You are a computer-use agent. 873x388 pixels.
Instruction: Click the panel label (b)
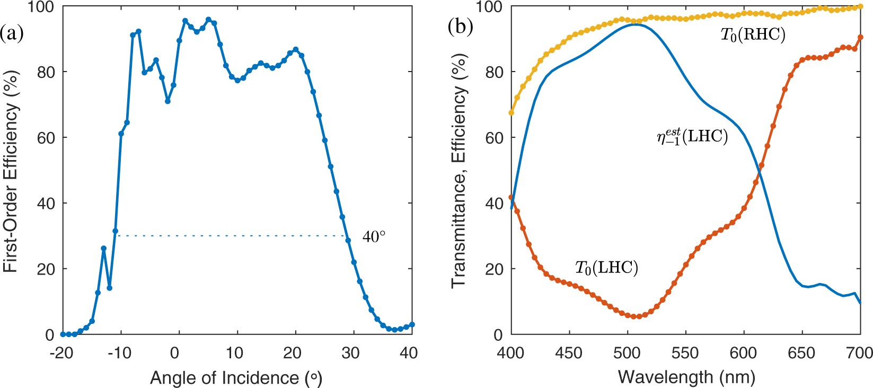460,27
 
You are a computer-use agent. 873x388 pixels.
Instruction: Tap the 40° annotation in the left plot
374,236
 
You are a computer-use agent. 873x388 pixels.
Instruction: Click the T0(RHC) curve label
752,35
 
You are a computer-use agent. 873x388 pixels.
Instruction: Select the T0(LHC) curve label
606,267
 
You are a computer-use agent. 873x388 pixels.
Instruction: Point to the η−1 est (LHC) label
692,137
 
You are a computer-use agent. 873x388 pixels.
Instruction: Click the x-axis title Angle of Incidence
236,378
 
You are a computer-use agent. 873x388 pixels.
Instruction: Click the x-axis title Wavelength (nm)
686,377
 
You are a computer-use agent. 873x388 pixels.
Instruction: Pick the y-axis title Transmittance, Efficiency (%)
459,171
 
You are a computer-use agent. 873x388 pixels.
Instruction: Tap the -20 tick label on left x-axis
63,353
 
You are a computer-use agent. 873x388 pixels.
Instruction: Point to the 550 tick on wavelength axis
686,353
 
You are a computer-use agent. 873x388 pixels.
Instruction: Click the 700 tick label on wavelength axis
860,353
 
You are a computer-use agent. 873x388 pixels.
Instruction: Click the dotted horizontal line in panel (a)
233,236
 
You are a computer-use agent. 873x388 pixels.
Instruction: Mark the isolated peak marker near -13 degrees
104,248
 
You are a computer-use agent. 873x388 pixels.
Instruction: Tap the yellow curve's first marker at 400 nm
512,113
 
